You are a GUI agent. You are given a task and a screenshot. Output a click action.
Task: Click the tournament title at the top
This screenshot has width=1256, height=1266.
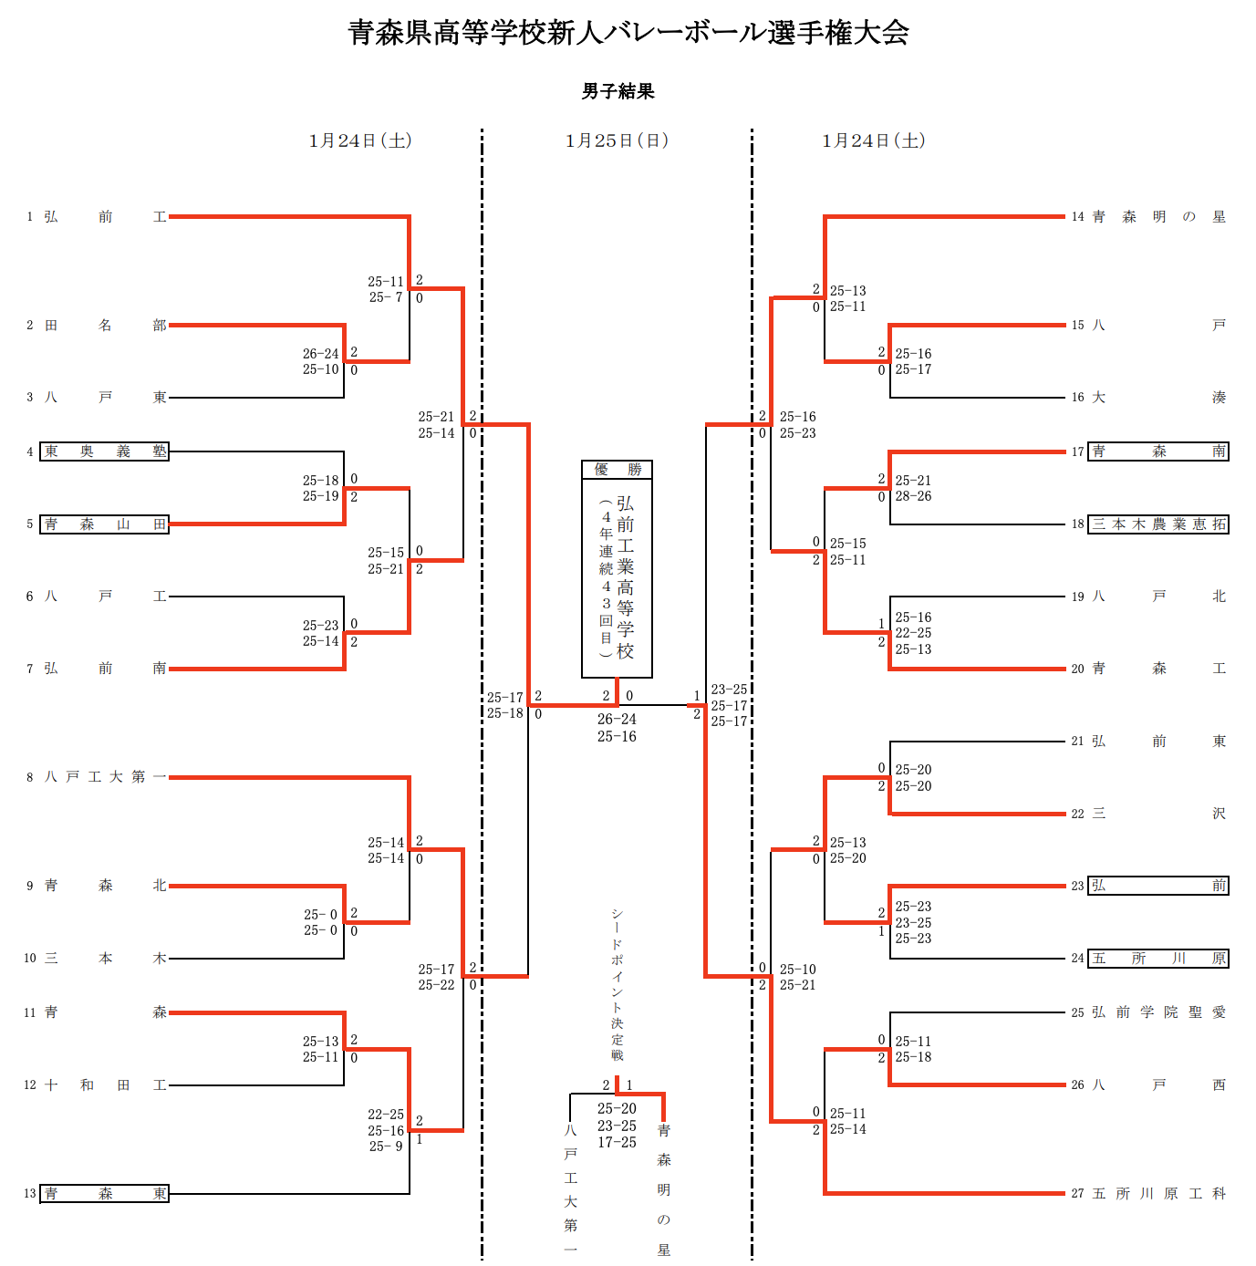[x=628, y=33]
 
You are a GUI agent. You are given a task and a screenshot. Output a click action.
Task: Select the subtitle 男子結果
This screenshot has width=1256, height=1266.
[x=618, y=91]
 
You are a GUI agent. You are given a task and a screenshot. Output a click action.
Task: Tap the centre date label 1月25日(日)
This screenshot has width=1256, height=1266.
[x=617, y=140]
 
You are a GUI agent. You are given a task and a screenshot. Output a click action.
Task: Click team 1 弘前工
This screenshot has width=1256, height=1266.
[x=105, y=217]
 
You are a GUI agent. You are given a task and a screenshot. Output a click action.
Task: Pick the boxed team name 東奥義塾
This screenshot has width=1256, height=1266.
[x=105, y=451]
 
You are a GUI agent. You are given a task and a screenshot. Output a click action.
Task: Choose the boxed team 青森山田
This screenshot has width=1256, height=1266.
[x=105, y=524]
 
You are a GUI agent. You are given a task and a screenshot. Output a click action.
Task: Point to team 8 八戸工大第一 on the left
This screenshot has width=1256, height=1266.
[x=105, y=777]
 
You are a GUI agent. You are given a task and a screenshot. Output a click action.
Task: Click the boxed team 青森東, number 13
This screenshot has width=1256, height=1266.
[x=105, y=1194]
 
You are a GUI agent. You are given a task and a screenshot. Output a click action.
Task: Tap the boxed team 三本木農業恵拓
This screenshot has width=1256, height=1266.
[x=1158, y=524]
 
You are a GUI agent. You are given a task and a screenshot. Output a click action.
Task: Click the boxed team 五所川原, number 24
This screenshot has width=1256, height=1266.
[x=1158, y=959]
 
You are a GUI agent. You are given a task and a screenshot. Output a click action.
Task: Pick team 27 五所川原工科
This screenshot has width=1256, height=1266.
[x=1158, y=1194]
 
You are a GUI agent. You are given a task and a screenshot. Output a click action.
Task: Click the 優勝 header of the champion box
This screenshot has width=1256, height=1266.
[x=618, y=470]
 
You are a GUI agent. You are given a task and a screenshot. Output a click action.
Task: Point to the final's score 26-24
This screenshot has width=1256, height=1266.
[x=617, y=720]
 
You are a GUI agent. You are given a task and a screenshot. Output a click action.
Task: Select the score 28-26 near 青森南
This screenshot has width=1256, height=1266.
[x=913, y=497]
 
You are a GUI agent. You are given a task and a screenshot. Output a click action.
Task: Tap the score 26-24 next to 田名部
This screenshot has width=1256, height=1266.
[x=320, y=354]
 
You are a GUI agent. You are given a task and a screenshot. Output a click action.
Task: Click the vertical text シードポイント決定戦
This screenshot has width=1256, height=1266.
[x=618, y=985]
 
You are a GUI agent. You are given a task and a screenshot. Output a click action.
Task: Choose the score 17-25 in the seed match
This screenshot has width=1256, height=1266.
[x=617, y=1143]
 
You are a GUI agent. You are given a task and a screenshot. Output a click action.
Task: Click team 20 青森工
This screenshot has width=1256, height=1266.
[x=1158, y=669]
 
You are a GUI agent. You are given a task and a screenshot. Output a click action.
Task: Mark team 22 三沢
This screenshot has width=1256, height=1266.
[x=1158, y=814]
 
